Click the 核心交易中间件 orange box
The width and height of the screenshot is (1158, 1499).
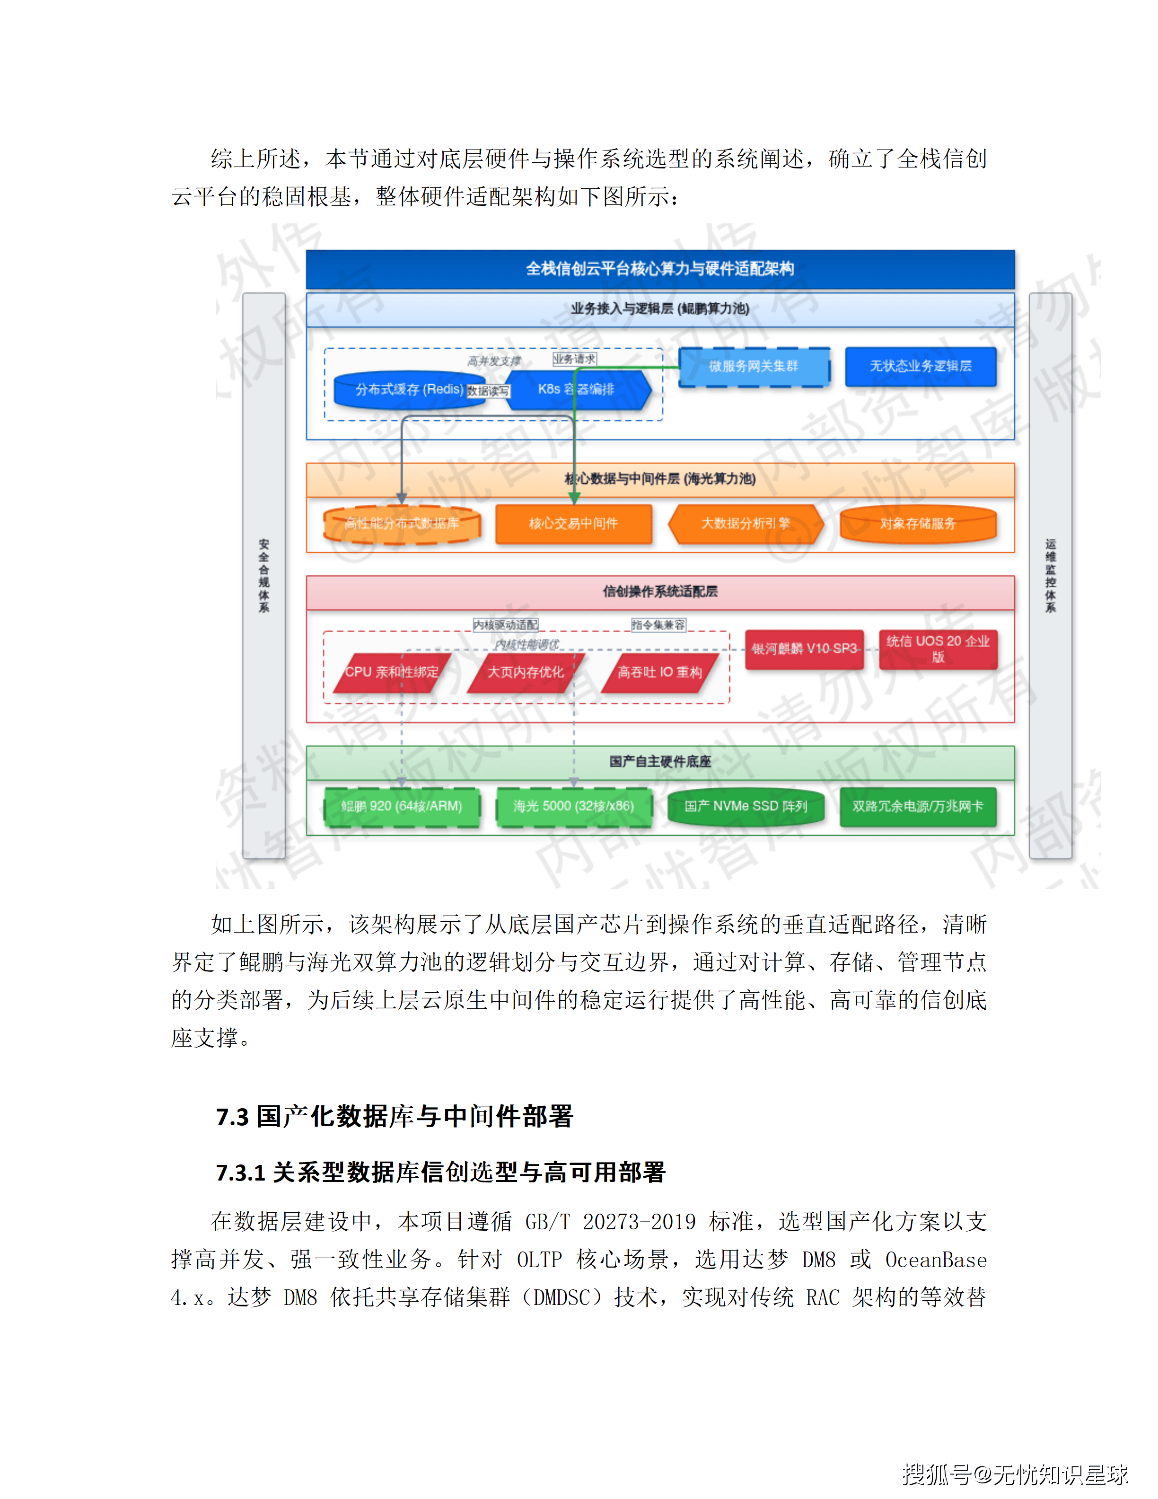point(573,524)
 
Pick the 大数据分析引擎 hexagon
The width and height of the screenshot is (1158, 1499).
point(745,524)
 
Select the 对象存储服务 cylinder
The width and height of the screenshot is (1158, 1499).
point(917,524)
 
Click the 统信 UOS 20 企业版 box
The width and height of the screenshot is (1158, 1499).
point(937,649)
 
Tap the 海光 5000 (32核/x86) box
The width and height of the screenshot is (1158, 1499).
point(573,806)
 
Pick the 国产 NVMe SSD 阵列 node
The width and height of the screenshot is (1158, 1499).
point(745,806)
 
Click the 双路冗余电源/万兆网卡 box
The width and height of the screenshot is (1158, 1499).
point(917,806)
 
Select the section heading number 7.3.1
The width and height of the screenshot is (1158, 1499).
point(240,1173)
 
